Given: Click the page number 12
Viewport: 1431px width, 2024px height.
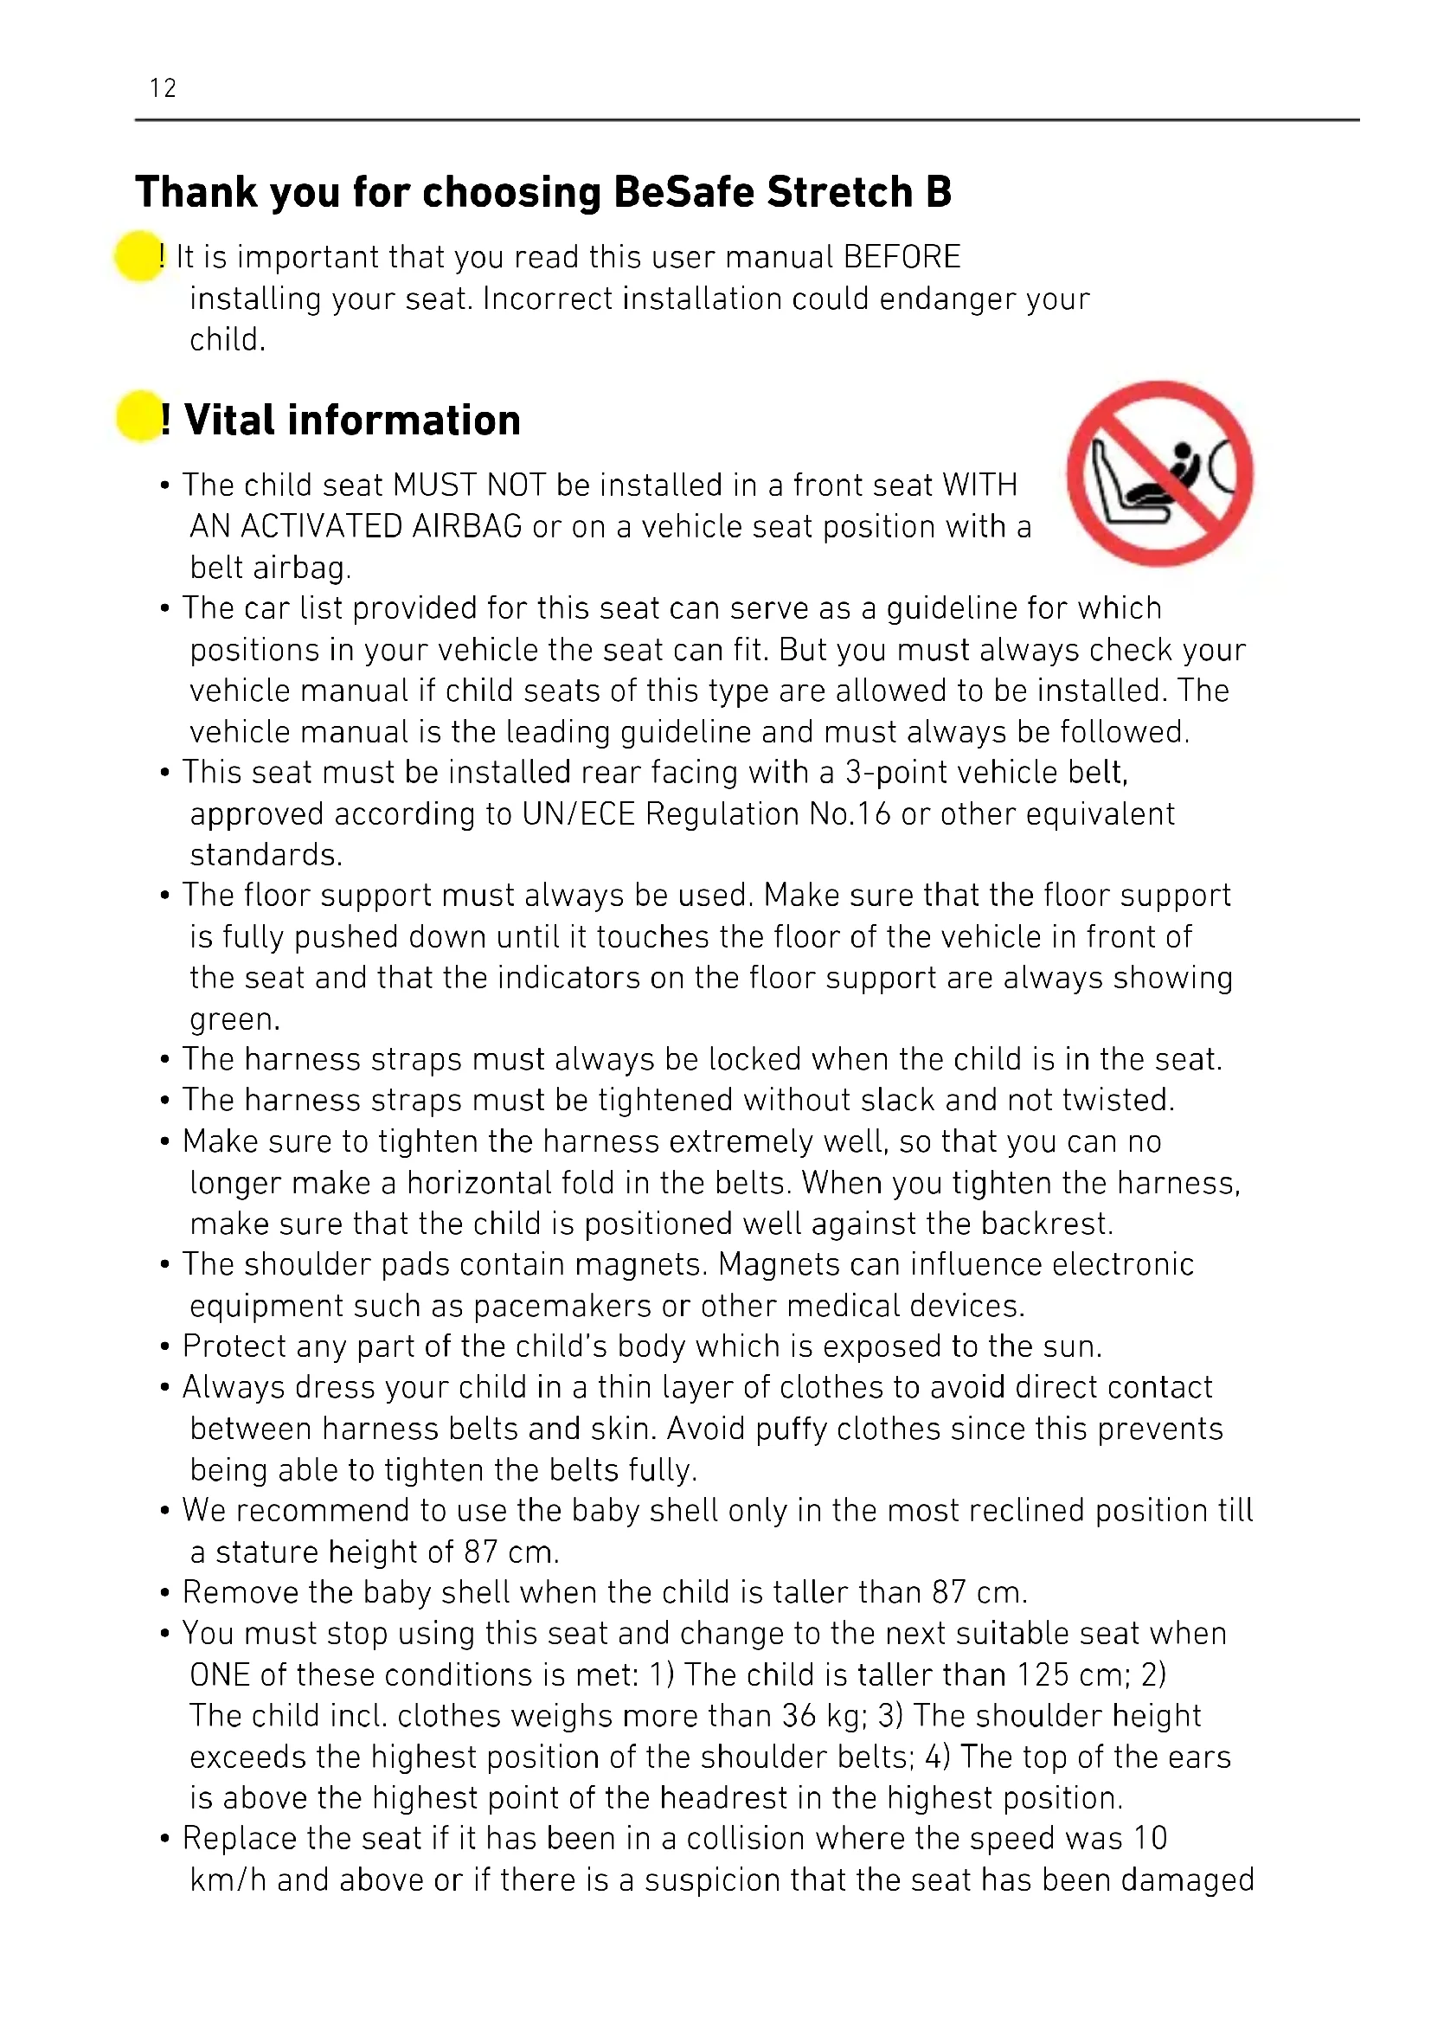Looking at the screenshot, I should point(163,88).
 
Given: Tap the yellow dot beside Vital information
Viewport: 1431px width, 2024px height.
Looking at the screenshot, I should point(139,416).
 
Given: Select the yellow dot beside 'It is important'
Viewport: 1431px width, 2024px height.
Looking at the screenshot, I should point(138,255).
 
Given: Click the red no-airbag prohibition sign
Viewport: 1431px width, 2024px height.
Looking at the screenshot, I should point(1159,473).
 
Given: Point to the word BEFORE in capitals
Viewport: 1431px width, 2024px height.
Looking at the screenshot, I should point(902,256).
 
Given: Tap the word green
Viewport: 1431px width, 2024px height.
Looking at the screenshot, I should point(234,1019).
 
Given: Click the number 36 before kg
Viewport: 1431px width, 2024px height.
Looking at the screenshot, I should point(799,1715).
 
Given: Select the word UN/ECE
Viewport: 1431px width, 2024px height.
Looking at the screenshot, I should point(578,813).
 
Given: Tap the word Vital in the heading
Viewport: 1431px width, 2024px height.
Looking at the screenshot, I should point(228,421).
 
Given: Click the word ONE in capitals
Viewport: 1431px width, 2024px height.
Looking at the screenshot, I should point(221,1674).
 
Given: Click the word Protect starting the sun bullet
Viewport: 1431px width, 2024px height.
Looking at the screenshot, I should point(234,1346).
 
